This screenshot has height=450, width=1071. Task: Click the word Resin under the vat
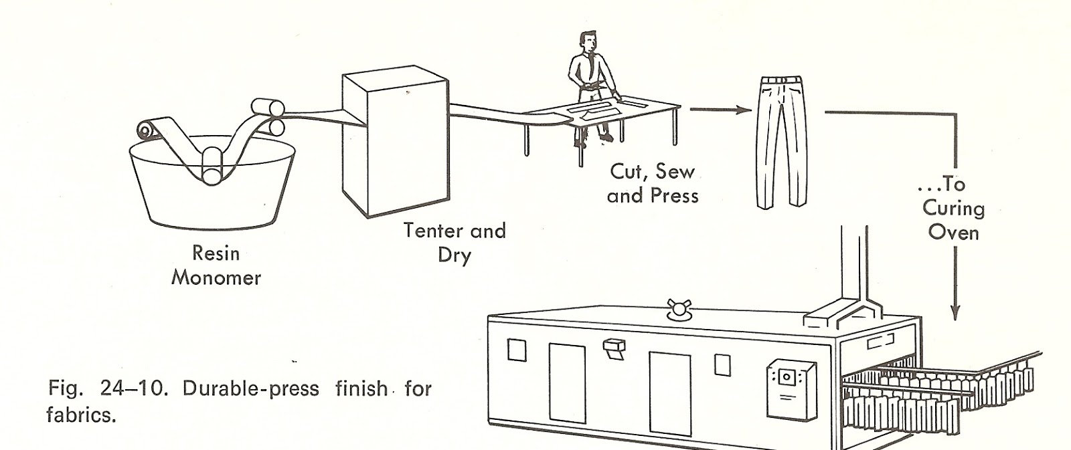click(x=216, y=253)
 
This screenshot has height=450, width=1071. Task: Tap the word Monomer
click(x=216, y=277)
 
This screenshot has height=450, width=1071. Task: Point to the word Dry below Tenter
click(x=455, y=256)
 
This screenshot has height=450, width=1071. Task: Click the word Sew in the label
click(x=675, y=172)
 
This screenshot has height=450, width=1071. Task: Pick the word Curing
click(x=953, y=209)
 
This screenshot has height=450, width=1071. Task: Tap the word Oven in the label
click(x=953, y=233)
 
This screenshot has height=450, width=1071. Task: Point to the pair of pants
click(x=780, y=140)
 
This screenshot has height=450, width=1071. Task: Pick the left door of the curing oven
click(x=567, y=384)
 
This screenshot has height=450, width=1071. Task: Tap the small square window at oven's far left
click(x=517, y=350)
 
